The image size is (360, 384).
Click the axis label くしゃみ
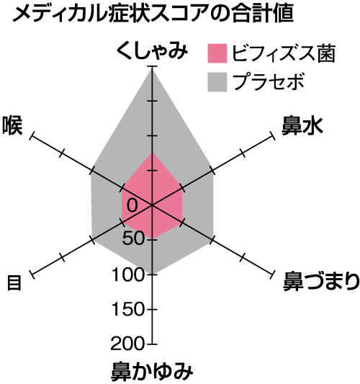tap(152, 50)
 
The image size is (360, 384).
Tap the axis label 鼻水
tap(302, 125)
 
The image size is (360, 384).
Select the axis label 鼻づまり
tap(321, 281)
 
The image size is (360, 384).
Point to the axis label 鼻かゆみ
tap(152, 372)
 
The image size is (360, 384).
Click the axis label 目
tap(14, 282)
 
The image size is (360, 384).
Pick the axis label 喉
tap(12, 125)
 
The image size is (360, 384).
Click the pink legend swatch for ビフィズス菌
tap(217, 53)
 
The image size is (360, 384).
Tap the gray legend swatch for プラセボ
tap(217, 82)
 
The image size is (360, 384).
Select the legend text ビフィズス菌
tap(283, 53)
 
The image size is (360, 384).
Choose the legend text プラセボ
tap(269, 81)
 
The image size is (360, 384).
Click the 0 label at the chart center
tap(132, 205)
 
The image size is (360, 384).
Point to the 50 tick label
tap(133, 238)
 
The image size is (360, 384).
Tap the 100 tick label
tap(127, 274)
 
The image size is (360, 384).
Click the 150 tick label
tap(127, 309)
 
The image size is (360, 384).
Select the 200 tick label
tap(127, 344)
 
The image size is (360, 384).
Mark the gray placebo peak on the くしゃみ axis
tap(152, 67)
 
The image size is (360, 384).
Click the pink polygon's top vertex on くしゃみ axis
tap(152, 153)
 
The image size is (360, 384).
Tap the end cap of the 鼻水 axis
tap(272, 135)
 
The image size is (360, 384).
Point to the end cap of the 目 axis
tap(32, 274)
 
